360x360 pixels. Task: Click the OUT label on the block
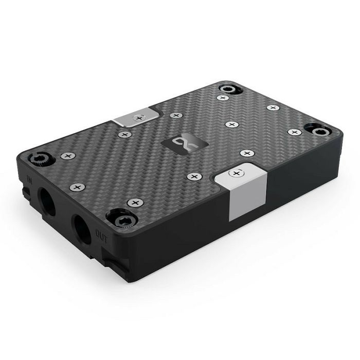click(100, 232)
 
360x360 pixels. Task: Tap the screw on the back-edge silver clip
click(138, 118)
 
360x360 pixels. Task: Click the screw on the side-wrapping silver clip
click(237, 172)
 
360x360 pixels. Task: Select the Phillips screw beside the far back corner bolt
click(223, 97)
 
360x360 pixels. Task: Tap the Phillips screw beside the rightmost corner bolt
click(294, 132)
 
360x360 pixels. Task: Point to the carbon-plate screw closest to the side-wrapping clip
click(193, 177)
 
